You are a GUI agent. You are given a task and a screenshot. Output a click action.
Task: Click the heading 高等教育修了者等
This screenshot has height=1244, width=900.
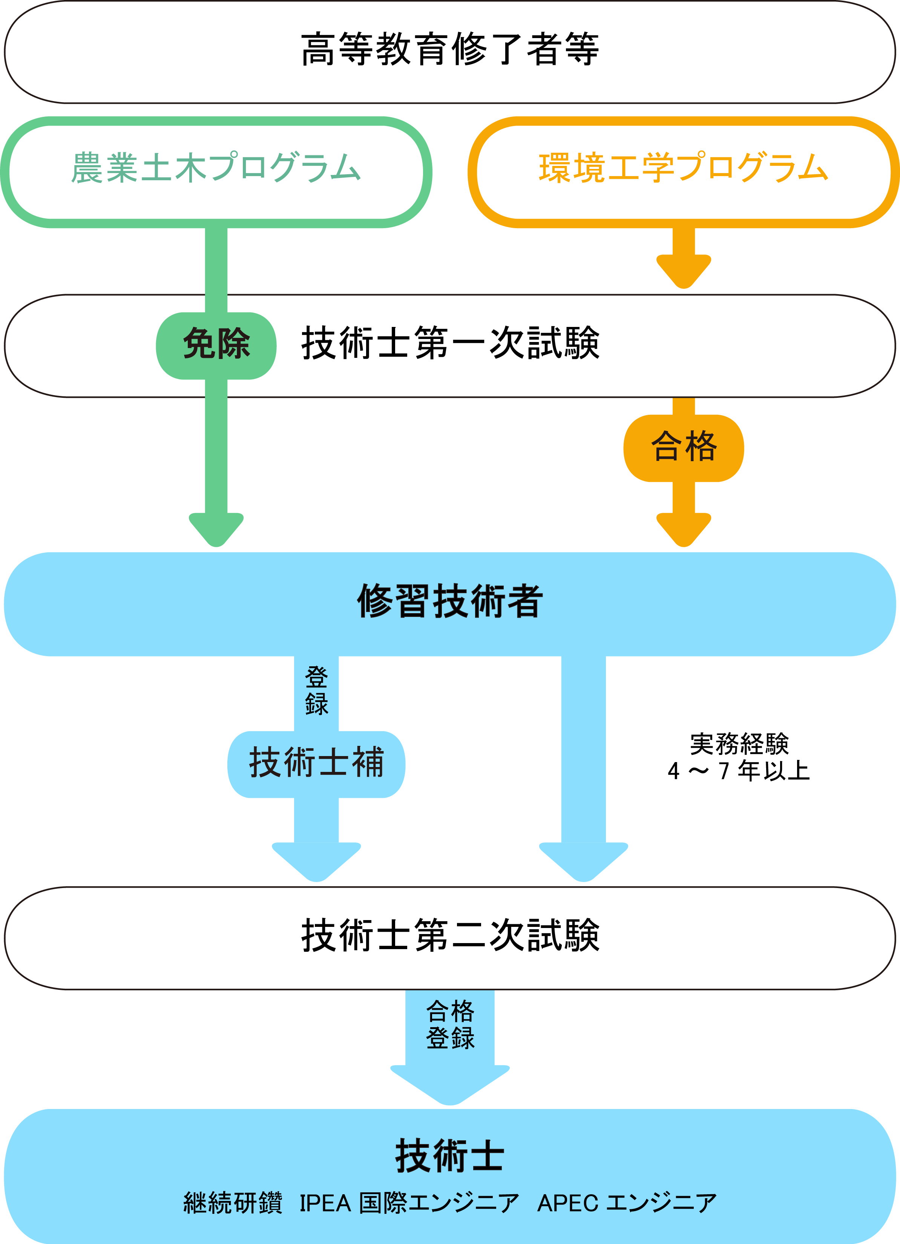pyautogui.click(x=450, y=49)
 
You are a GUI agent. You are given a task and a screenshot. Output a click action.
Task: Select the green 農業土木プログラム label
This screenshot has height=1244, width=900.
pyautogui.click(x=216, y=167)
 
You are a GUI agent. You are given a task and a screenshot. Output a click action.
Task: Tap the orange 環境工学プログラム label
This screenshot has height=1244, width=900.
pyautogui.click(x=683, y=167)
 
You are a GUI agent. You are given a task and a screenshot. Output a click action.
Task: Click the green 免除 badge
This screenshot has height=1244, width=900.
pyautogui.click(x=216, y=344)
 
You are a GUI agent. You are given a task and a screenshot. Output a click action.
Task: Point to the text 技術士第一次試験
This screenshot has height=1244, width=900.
pyautogui.click(x=450, y=344)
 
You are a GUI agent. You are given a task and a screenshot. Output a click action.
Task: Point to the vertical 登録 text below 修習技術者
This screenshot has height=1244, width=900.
pyautogui.click(x=316, y=691)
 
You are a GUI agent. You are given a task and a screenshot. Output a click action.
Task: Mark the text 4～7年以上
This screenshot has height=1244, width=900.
pyautogui.click(x=739, y=771)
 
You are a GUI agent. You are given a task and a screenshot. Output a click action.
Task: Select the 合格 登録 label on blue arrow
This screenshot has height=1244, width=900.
pyautogui.click(x=450, y=1025)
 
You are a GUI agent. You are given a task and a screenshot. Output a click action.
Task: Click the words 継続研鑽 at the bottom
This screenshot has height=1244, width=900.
pyautogui.click(x=233, y=1203)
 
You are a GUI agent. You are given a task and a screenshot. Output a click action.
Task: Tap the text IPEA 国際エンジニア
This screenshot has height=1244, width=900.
pyautogui.click(x=409, y=1203)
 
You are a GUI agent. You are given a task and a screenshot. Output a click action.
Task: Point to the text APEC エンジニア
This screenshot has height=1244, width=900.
pyautogui.click(x=626, y=1203)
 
